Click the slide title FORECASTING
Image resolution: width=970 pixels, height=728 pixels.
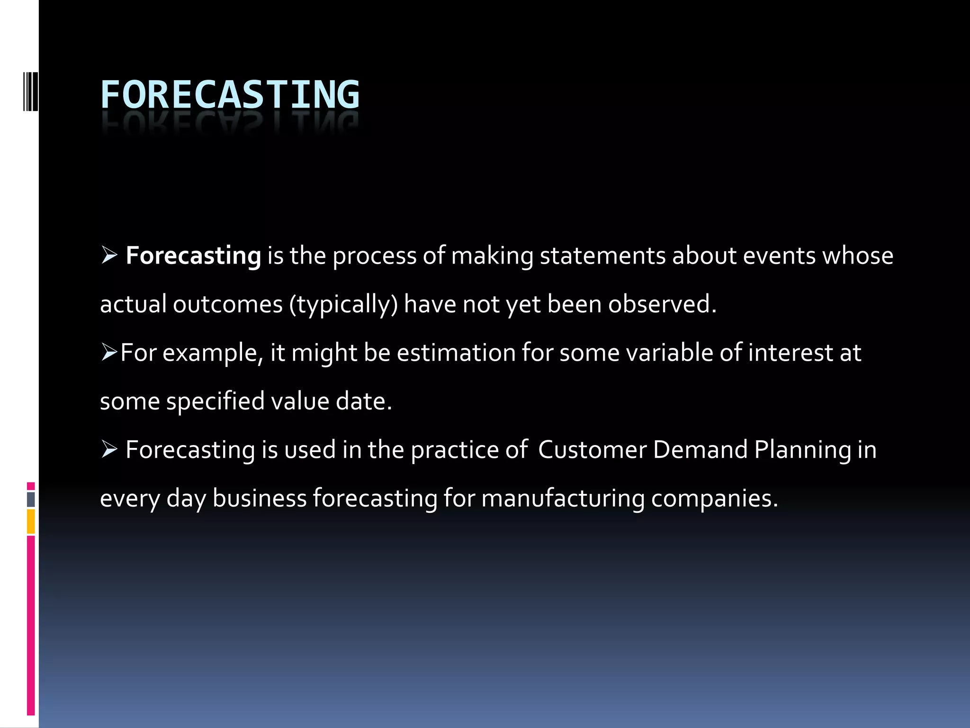pyautogui.click(x=230, y=95)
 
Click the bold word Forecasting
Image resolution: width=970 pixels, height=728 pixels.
pyautogui.click(x=193, y=256)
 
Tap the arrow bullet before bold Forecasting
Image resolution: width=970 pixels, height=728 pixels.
pyautogui.click(x=109, y=256)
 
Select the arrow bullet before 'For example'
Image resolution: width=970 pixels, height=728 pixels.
pyautogui.click(x=109, y=353)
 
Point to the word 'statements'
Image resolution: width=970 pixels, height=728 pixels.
pyautogui.click(x=603, y=256)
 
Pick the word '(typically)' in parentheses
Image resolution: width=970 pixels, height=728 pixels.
pyautogui.click(x=344, y=305)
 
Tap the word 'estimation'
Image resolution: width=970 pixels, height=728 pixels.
pyautogui.click(x=456, y=353)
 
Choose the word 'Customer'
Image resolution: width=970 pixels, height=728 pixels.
pyautogui.click(x=592, y=450)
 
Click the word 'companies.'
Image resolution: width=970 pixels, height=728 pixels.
pyautogui.click(x=714, y=500)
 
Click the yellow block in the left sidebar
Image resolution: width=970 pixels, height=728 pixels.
pyautogui.click(x=31, y=521)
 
